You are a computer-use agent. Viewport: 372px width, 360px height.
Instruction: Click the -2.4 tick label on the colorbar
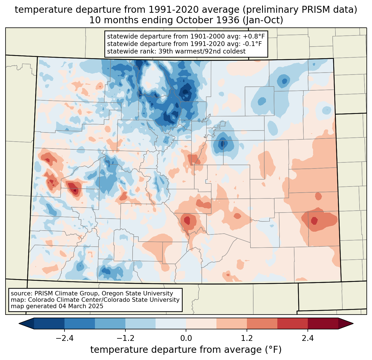point(64,338)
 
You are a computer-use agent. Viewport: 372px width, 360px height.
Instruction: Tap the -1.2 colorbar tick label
point(125,338)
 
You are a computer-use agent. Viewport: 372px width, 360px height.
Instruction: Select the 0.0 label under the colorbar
point(186,338)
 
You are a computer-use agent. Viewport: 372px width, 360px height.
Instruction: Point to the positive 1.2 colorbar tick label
point(247,338)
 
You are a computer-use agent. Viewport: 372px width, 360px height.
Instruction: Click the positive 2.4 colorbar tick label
point(308,338)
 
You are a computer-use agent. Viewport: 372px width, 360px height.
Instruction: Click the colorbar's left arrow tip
point(19,324)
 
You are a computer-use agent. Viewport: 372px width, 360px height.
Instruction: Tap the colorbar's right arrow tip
point(353,324)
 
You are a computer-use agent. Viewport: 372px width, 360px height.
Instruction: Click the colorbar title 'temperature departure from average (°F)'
point(186,349)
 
